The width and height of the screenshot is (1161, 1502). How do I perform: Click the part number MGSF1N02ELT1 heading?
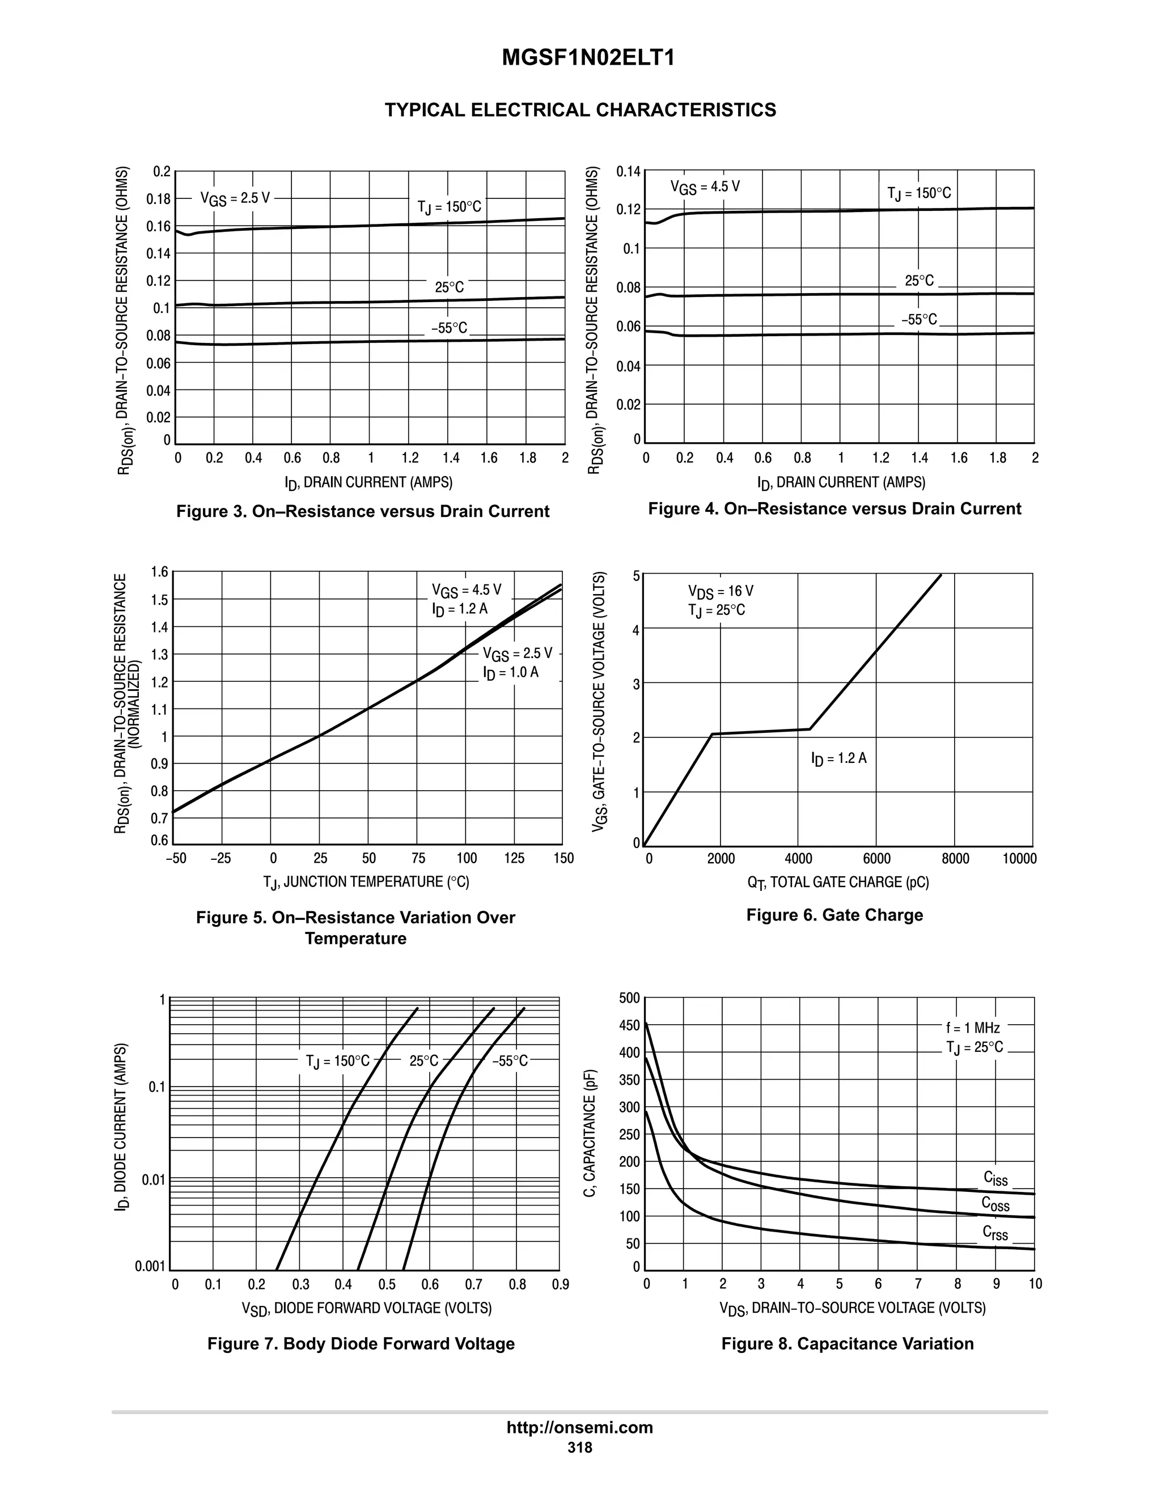click(588, 58)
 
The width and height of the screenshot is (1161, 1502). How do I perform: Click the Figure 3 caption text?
click(362, 512)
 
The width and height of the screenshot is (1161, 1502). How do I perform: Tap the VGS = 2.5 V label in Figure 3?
click(235, 199)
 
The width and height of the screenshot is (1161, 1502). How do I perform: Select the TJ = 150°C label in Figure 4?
click(919, 193)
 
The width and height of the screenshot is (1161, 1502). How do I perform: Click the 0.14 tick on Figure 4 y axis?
click(628, 171)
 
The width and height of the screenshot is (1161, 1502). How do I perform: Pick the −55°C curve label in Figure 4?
click(919, 320)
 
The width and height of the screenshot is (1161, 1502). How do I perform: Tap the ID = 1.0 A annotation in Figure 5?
click(510, 673)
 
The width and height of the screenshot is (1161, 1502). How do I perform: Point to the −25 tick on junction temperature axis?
click(220, 858)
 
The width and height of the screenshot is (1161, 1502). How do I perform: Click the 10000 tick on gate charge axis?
click(1019, 858)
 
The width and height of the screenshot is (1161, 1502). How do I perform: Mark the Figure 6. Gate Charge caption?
click(834, 915)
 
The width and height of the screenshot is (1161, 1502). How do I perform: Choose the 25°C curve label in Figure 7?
click(423, 1061)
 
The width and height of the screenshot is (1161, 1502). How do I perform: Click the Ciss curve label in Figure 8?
click(995, 1179)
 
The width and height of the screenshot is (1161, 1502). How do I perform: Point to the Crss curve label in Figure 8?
click(995, 1234)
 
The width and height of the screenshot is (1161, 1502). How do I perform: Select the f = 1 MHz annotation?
click(973, 1028)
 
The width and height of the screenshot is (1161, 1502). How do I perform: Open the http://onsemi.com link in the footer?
click(580, 1428)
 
